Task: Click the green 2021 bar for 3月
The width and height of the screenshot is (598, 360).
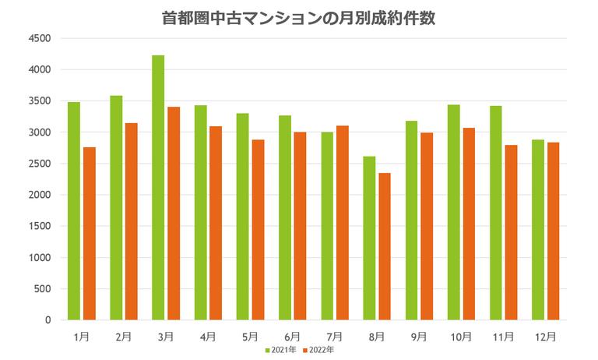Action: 158,187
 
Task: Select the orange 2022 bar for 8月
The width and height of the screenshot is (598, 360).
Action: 385,246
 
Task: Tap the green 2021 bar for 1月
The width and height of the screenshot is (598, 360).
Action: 74,210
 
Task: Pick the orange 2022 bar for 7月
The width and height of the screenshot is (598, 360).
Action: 343,223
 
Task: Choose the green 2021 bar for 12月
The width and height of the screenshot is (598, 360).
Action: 538,230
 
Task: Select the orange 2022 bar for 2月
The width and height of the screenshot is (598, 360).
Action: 132,221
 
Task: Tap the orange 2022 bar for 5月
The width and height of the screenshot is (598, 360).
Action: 258,230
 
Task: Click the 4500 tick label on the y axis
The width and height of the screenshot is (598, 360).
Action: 39,38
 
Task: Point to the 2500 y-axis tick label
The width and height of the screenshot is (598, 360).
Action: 39,164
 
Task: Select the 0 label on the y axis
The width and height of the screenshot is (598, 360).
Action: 47,320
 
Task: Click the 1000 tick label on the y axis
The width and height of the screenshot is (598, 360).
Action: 39,258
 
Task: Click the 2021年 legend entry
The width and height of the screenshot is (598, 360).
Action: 280,350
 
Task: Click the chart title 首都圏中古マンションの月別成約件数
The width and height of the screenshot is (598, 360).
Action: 299,17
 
